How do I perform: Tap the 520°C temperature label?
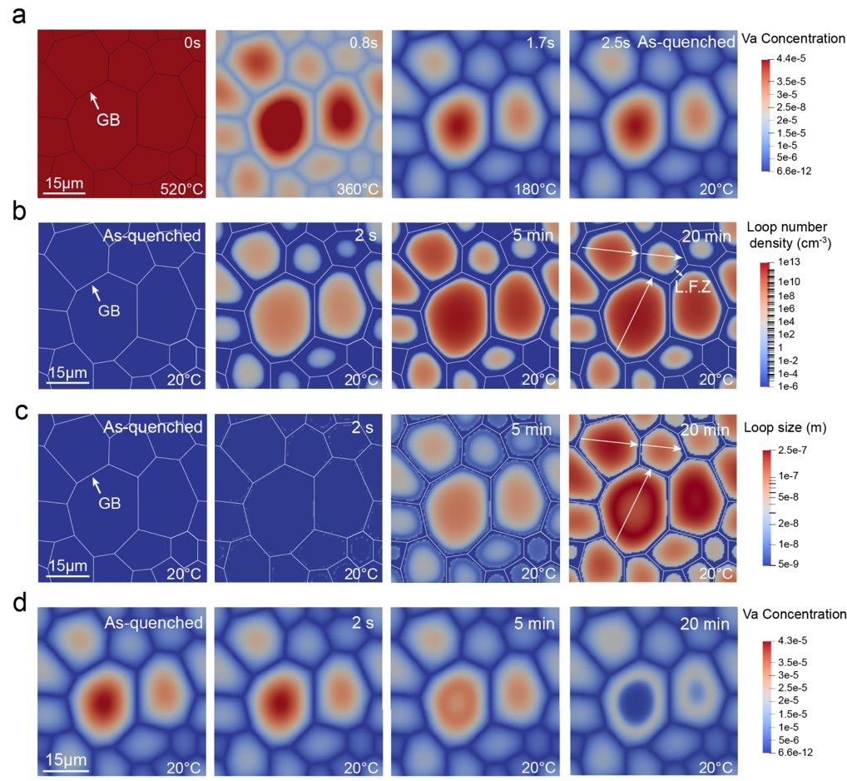[x=181, y=187]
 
